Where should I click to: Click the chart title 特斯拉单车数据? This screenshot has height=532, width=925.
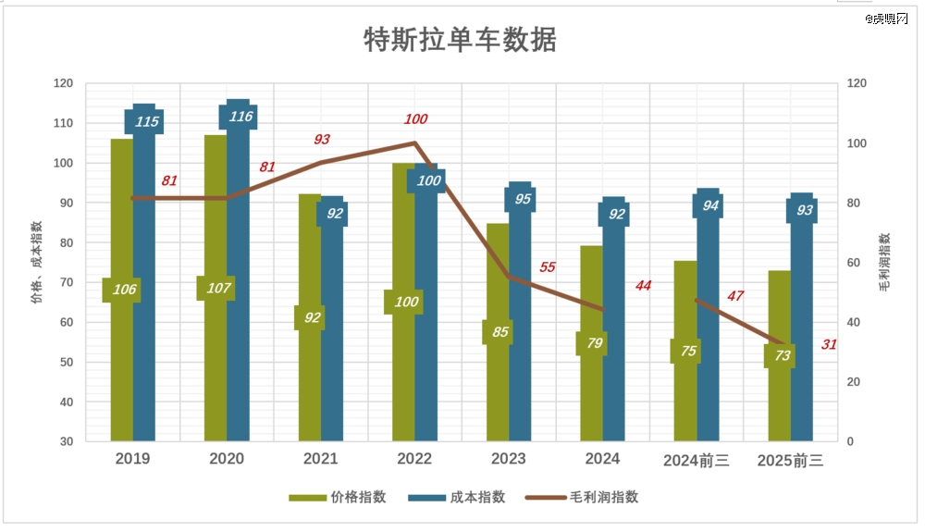coord(460,41)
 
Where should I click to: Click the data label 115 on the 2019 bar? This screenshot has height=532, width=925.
coord(146,121)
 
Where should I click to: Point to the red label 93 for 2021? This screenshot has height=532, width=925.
coord(321,140)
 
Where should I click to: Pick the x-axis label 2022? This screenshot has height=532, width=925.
coord(413,459)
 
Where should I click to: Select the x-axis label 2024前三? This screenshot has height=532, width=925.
coord(696,460)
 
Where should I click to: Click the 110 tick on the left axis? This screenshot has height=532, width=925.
coord(64,123)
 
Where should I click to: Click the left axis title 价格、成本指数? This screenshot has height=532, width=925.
coord(37,263)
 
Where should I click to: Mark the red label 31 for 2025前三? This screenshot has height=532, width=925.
coord(829,345)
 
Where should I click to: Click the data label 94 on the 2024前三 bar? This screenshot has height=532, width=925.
coord(710,206)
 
